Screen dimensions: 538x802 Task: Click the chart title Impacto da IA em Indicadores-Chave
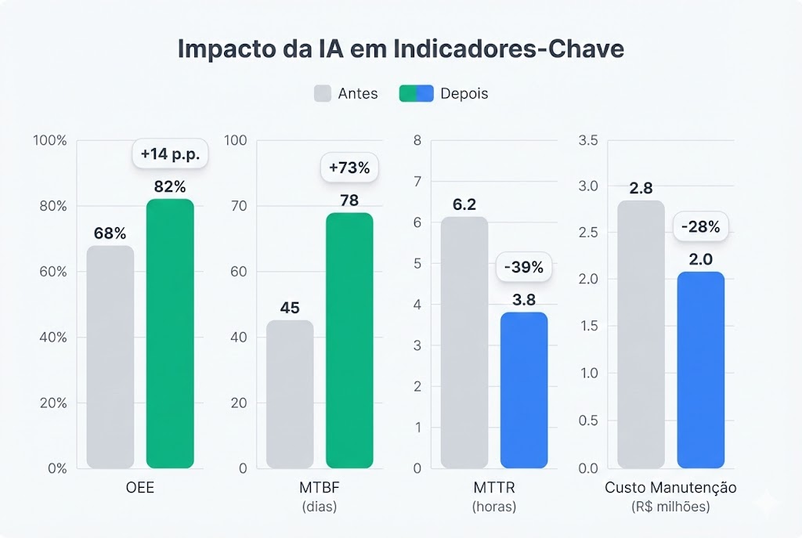tap(400, 49)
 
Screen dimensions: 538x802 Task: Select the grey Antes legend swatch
tap(323, 93)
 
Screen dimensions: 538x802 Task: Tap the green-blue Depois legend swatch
tap(416, 93)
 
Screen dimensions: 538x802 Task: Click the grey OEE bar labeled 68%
tap(110, 357)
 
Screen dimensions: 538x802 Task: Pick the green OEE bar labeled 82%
tap(170, 334)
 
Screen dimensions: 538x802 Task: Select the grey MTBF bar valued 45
tap(290, 394)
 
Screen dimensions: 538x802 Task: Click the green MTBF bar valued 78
tap(349, 341)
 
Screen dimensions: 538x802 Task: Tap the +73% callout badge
tap(349, 168)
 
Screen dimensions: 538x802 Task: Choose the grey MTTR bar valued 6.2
tap(464, 342)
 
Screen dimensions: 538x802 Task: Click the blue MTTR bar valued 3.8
tap(524, 390)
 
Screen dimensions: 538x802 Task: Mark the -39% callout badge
tap(524, 267)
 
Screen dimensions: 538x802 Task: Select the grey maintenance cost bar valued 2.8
tap(641, 334)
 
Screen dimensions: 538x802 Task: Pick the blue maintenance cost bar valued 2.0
tap(701, 370)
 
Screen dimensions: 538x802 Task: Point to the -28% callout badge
tap(701, 228)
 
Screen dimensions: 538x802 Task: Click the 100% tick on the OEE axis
tap(50, 140)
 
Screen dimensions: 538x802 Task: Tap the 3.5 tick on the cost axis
tap(587, 140)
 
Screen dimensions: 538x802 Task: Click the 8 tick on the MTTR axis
tap(417, 140)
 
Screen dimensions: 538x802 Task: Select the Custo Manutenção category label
tap(670, 487)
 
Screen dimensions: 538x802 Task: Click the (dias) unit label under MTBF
tap(320, 507)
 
